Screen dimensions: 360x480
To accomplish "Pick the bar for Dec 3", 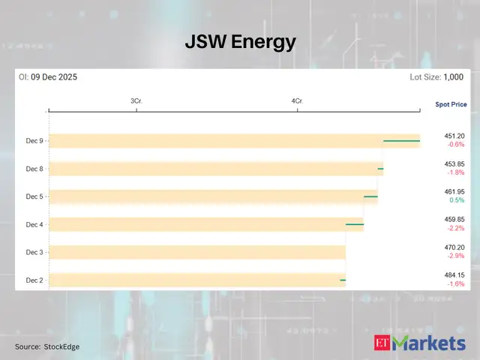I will coord(197,252).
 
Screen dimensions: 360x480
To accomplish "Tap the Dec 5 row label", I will coord(34,196).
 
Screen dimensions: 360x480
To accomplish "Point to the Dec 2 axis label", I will coord(34,280).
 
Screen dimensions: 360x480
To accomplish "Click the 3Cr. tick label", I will coord(136,100).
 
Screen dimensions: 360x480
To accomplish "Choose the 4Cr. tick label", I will coord(297,100).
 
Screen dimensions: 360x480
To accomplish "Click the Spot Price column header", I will coord(451,104).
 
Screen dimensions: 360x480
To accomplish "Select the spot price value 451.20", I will coord(454,136).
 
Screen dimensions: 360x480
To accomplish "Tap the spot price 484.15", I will coord(454,275).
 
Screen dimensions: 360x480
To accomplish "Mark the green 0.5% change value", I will coord(456,200).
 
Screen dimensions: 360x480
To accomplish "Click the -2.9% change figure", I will coord(455,256).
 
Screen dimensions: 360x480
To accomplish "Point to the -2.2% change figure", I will coord(455,229).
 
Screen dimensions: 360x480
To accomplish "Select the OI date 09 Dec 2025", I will coord(54,76).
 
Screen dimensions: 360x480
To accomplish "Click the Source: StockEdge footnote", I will coord(47,346).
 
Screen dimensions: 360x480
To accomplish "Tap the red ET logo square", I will coord(382,343).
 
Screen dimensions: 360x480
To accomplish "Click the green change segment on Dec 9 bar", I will coord(401,140).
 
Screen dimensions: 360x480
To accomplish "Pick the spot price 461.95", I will coord(454,192).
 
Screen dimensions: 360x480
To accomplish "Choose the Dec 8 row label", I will coord(34,169).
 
